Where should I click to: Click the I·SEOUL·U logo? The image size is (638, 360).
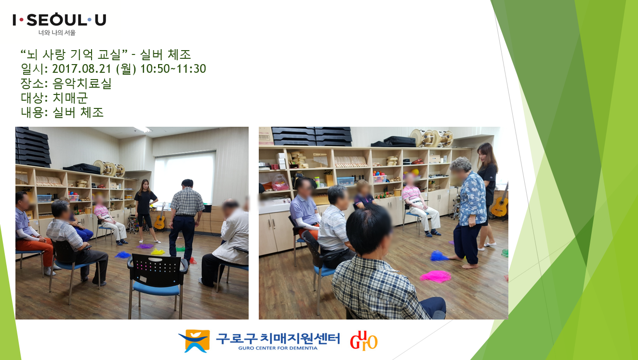pyautogui.click(x=59, y=20)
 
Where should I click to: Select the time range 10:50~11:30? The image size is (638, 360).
pyautogui.click(x=173, y=68)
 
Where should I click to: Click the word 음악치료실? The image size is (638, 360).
pyautogui.click(x=82, y=83)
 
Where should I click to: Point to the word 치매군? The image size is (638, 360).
pyautogui.click(x=70, y=98)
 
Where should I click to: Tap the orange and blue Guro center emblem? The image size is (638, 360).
pyautogui.click(x=194, y=341)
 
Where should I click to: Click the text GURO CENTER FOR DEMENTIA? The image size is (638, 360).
pyautogui.click(x=278, y=348)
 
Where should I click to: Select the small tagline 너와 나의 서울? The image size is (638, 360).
pyautogui.click(x=57, y=33)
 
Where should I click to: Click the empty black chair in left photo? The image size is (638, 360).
pyautogui.click(x=157, y=280)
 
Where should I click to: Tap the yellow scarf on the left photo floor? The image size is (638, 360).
pyautogui.click(x=158, y=252)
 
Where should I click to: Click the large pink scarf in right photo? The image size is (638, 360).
pyautogui.click(x=436, y=276)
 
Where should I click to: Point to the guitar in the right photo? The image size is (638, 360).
pyautogui.click(x=501, y=203)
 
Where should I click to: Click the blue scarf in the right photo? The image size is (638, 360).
pyautogui.click(x=439, y=256)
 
